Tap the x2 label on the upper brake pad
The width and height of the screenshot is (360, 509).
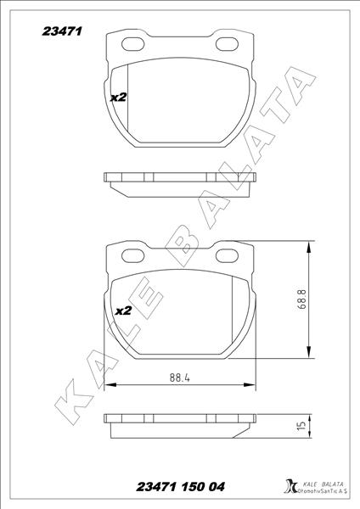tap(119, 98)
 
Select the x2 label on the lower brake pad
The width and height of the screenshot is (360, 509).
tap(122, 310)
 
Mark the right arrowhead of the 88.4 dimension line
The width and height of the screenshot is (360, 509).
tap(252, 387)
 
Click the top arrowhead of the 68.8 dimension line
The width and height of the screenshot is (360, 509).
tap(307, 243)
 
